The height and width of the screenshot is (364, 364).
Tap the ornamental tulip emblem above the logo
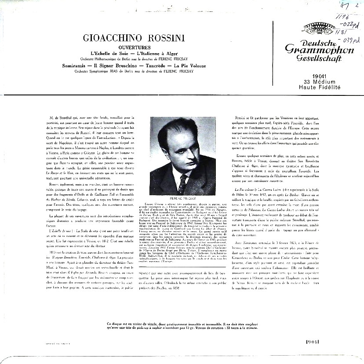click(x=318, y=27)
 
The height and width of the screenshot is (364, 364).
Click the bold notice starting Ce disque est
click(x=182, y=326)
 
